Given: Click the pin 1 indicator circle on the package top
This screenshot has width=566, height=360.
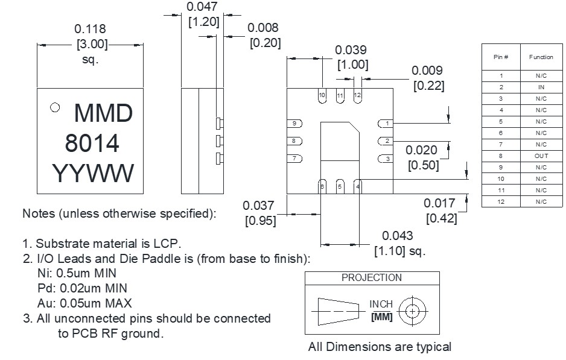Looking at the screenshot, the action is pyautogui.click(x=55, y=107).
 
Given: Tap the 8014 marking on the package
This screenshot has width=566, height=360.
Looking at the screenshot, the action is pyautogui.click(x=92, y=143).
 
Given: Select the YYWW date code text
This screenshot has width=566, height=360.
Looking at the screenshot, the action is pyautogui.click(x=93, y=173).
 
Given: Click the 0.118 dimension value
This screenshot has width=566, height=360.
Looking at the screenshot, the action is pyautogui.click(x=90, y=29).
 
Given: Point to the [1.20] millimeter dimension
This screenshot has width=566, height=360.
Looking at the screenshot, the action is pyautogui.click(x=204, y=22).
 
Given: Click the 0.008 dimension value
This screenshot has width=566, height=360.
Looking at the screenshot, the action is pyautogui.click(x=263, y=27).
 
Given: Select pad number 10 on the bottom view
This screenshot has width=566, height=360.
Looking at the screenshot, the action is pyautogui.click(x=322, y=95).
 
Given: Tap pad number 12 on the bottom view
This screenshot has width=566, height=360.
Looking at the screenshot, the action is pyautogui.click(x=357, y=95).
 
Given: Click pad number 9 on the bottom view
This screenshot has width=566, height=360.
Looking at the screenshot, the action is pyautogui.click(x=294, y=124).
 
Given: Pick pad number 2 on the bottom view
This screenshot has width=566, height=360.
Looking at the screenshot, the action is pyautogui.click(x=386, y=141).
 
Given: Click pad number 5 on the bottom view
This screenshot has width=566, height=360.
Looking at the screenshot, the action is pyautogui.click(x=340, y=186).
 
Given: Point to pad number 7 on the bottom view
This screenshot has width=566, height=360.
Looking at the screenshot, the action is pyautogui.click(x=294, y=159).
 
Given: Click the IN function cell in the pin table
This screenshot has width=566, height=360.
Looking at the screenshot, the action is pyautogui.click(x=541, y=87).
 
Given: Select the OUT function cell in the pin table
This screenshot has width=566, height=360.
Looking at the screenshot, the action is pyautogui.click(x=541, y=156).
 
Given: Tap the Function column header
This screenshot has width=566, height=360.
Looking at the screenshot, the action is pyautogui.click(x=541, y=57).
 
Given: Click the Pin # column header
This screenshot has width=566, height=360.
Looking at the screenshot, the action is pyautogui.click(x=501, y=57).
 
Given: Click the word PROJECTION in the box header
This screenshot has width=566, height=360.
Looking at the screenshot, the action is pyautogui.click(x=372, y=278).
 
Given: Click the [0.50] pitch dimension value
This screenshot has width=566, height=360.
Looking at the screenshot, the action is pyautogui.click(x=424, y=165).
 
